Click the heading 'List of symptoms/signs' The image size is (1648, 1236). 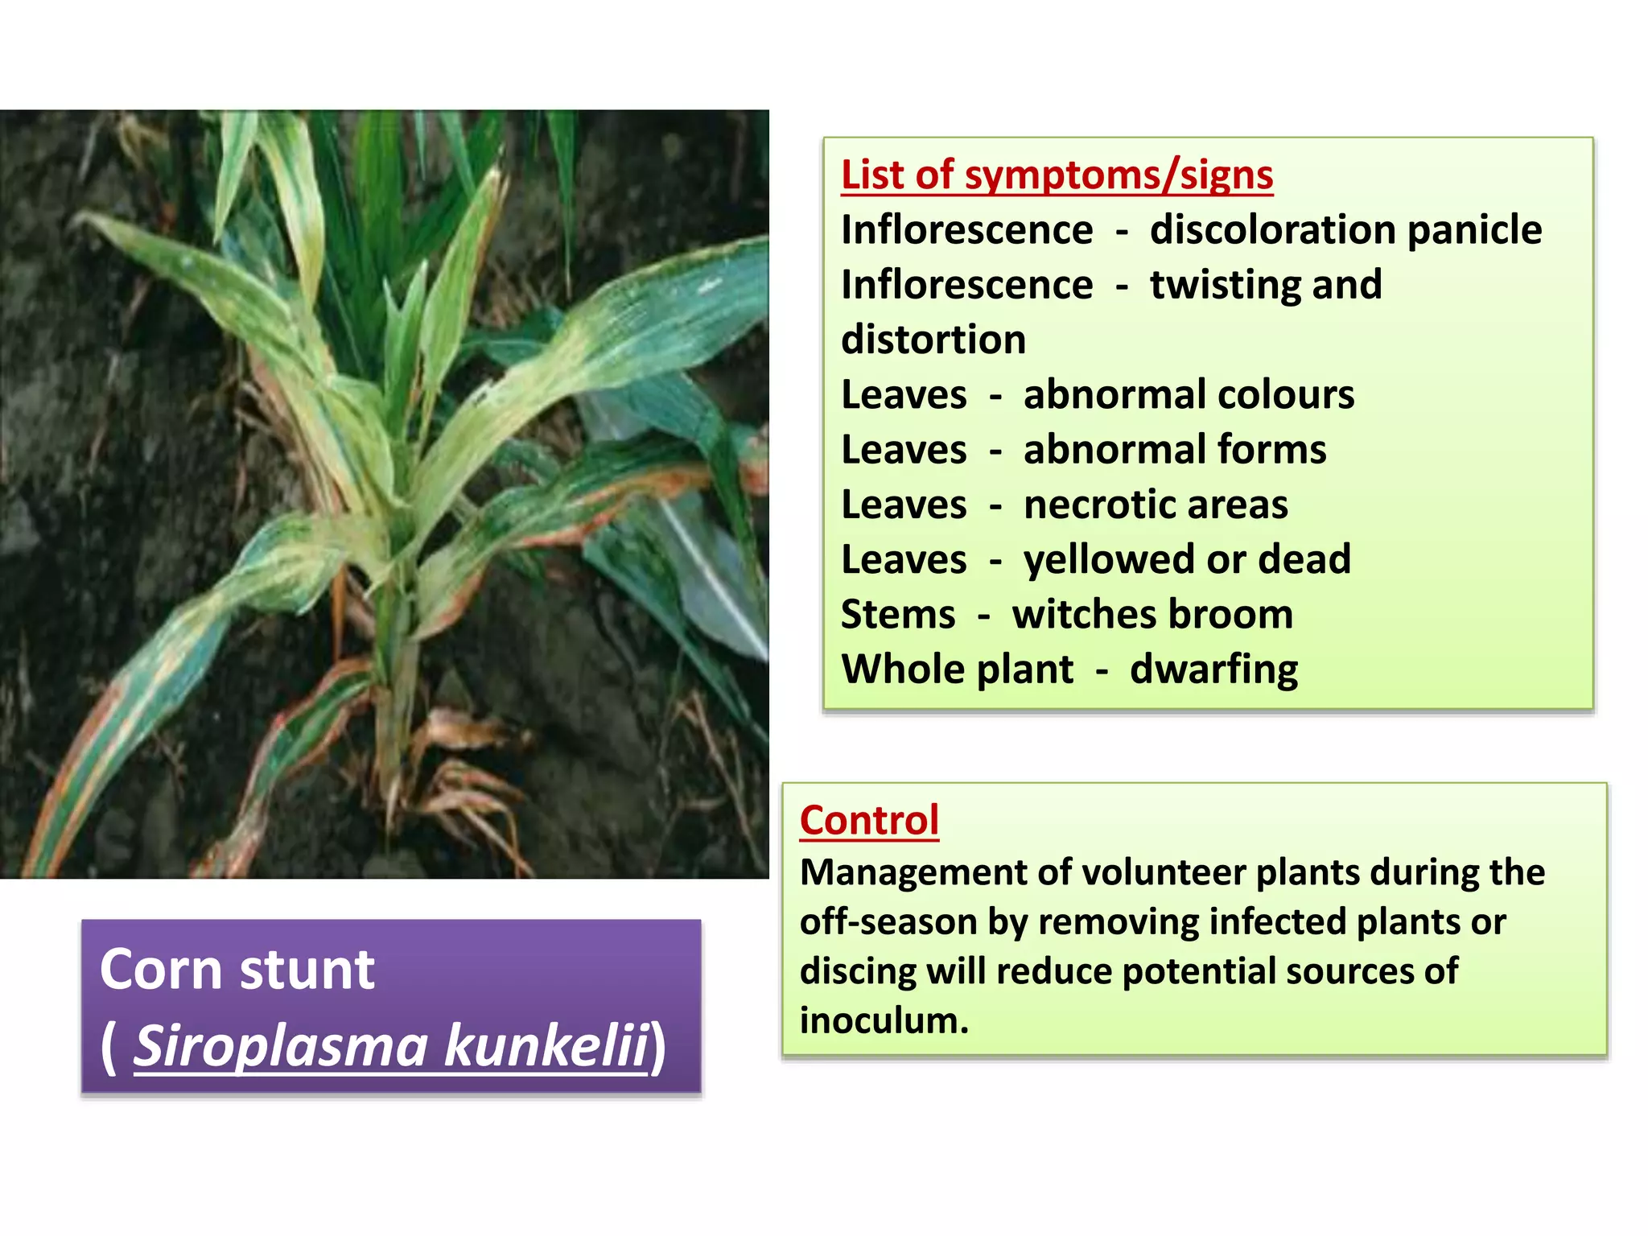point(1057,175)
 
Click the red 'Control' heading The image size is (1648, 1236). point(869,821)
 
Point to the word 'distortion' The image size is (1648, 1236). point(933,340)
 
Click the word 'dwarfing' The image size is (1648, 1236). point(1213,670)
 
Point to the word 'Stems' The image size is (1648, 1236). point(898,615)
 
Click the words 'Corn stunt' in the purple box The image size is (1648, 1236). point(237,970)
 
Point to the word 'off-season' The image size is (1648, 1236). point(888,922)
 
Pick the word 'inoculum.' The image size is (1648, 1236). point(884,1021)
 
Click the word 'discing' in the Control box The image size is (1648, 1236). point(858,972)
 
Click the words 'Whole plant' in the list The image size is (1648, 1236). point(957,670)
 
